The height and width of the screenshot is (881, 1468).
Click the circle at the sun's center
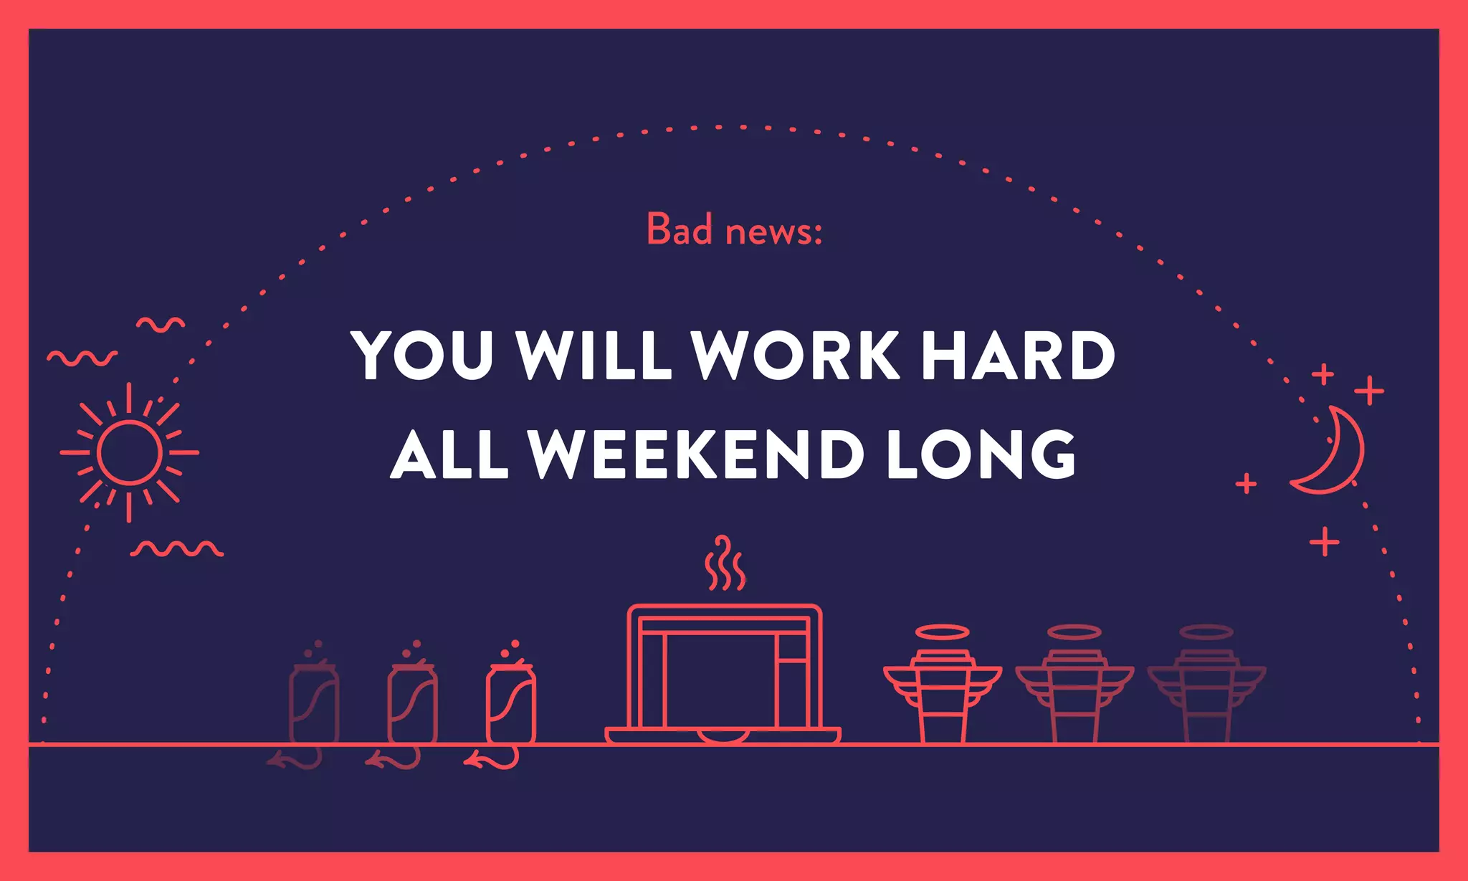(x=130, y=452)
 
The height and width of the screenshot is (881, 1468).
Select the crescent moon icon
(x=1333, y=452)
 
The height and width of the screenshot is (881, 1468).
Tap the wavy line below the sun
(x=177, y=549)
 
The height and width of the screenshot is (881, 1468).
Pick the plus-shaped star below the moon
(x=1325, y=541)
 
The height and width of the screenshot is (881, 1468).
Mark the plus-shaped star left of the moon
(x=1247, y=484)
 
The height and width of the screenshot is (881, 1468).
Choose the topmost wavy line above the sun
(x=161, y=325)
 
